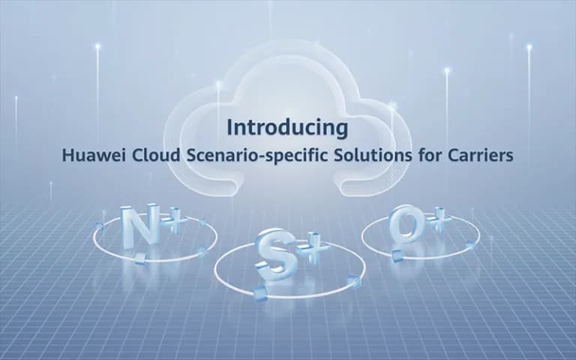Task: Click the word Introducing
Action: click(287, 128)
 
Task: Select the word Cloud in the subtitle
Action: click(156, 155)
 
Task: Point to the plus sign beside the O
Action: click(439, 219)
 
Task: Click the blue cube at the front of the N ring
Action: click(140, 258)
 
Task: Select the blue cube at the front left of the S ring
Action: click(260, 292)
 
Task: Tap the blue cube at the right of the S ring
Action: click(353, 281)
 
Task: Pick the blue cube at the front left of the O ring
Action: click(397, 255)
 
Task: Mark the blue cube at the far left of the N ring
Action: click(100, 226)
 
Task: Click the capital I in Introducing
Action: click(230, 127)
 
